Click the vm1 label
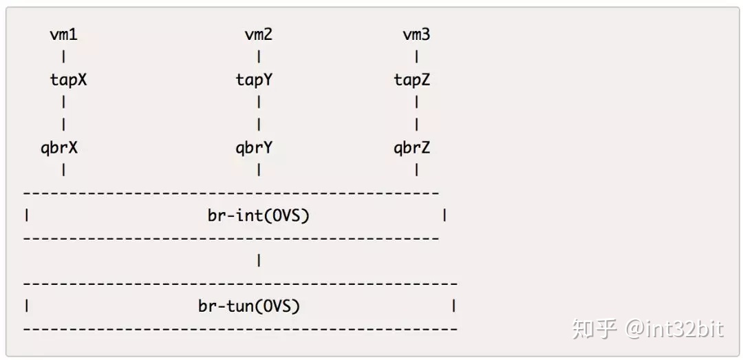[63, 34]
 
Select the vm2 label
[259, 34]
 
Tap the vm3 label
[417, 34]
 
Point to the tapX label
[68, 80]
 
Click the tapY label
[254, 80]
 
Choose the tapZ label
[412, 80]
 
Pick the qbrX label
[59, 147]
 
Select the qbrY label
[254, 147]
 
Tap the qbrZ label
[412, 147]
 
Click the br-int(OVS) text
[259, 215]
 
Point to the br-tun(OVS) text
[249, 306]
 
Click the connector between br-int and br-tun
[259, 261]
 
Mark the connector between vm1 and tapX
[63, 57]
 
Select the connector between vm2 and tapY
[259, 57]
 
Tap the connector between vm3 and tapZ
[417, 57]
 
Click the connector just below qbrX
[63, 169]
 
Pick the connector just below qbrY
[259, 169]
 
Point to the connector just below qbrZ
[417, 169]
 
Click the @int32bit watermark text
[674, 329]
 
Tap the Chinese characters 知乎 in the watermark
[595, 329]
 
